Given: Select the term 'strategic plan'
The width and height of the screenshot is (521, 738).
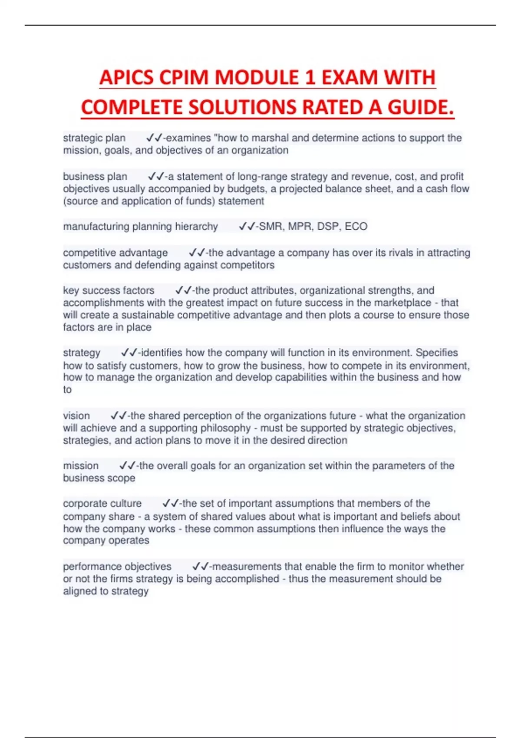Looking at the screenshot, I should click(x=94, y=138).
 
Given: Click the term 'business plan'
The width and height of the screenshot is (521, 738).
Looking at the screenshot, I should click(x=95, y=177).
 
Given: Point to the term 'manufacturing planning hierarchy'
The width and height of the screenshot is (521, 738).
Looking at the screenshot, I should click(x=140, y=227).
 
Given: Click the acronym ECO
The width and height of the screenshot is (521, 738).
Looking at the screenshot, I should click(x=356, y=227).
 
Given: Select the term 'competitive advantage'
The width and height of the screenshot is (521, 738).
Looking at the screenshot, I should click(x=115, y=253).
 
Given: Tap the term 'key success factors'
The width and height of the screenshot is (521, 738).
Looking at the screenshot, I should click(x=109, y=290).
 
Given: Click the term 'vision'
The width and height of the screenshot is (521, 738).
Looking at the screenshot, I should click(x=76, y=416).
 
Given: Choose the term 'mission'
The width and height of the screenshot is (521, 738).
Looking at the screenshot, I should click(x=81, y=466).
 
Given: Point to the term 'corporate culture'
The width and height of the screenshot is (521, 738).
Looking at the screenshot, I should click(x=102, y=504).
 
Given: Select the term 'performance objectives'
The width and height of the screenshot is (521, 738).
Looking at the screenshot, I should click(x=117, y=567).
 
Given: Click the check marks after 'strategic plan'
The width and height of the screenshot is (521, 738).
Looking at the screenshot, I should click(x=154, y=138).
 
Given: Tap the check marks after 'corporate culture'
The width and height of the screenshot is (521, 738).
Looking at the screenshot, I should click(x=170, y=504).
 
